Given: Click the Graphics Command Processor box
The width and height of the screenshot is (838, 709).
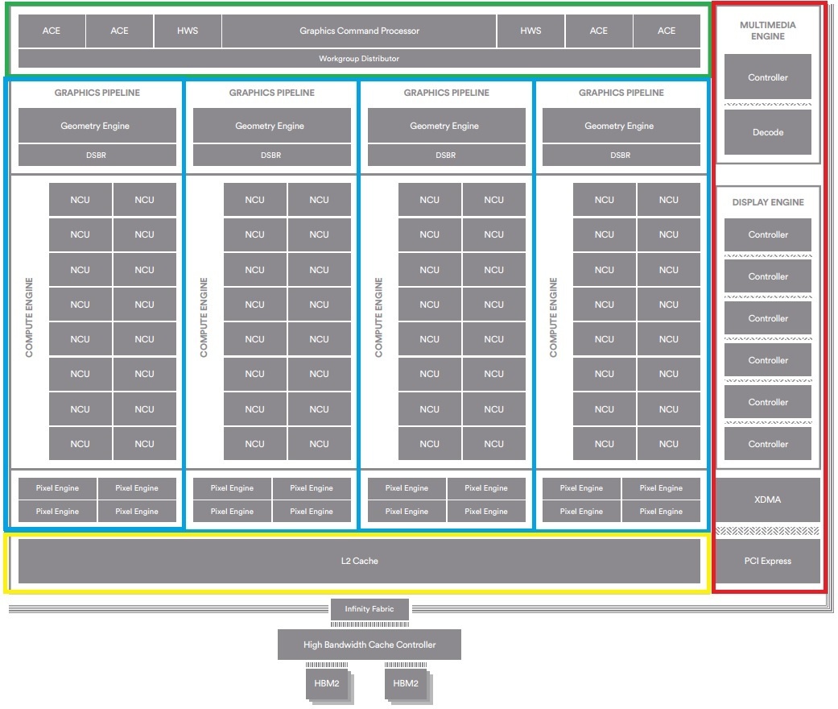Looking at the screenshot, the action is coord(359,31).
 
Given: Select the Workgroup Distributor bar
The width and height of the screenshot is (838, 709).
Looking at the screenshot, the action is coord(359,58).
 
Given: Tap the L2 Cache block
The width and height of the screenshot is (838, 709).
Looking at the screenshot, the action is coord(359,561).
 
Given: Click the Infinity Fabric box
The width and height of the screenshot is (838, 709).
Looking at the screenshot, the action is coord(369,609).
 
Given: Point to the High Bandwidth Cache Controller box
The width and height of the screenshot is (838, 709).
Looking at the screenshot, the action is coord(369,645).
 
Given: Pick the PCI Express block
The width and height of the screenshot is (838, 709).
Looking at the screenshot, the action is coord(767,561).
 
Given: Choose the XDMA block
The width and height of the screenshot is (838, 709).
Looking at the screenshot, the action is coord(767,500).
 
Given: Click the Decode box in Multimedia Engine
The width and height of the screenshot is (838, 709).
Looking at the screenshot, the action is coord(767,132).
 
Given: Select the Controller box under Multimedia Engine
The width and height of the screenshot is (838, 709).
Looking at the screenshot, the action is coord(767,77).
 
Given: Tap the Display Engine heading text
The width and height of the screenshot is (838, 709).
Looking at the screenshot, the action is coord(768,202).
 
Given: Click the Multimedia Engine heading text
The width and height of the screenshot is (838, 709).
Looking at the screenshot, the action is coord(768,31).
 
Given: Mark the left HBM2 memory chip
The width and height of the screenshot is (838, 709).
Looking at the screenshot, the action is coord(327,683).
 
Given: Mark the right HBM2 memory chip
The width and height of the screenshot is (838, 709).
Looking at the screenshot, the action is coord(406,683).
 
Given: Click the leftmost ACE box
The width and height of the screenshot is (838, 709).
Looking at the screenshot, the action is coord(52,31).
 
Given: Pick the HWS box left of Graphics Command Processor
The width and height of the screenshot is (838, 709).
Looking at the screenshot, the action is coord(188,31).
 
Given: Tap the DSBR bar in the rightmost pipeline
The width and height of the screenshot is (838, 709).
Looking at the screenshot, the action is coord(621,155).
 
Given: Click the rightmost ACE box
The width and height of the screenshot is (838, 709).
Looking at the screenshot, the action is coord(667,31).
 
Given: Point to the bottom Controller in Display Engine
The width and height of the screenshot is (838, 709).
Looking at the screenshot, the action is coord(767,444).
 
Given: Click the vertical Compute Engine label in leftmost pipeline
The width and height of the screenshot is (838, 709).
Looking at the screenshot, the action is coord(29,317).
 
